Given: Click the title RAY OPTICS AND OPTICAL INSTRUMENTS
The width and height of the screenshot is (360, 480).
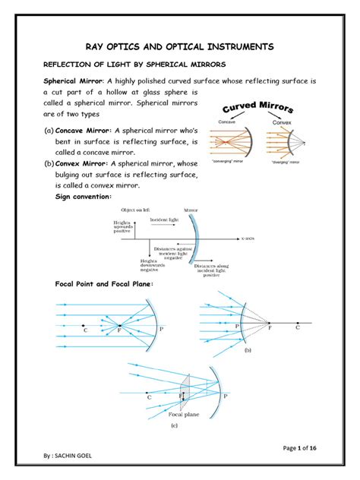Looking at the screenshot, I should click(179, 48).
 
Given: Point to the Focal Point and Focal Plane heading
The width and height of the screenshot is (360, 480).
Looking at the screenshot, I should click(105, 283).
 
